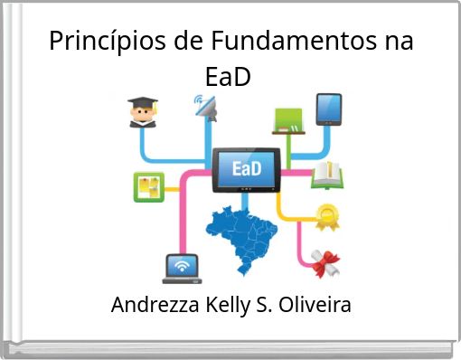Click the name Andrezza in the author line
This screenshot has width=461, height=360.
point(153,306)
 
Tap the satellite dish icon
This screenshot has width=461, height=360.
point(206,108)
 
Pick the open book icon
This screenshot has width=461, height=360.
point(326,174)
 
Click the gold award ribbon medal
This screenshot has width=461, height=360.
point(325,216)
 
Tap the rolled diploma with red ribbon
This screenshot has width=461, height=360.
point(324,261)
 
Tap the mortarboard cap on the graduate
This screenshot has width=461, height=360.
point(142,103)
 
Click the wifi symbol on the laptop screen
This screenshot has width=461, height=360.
point(182,266)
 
